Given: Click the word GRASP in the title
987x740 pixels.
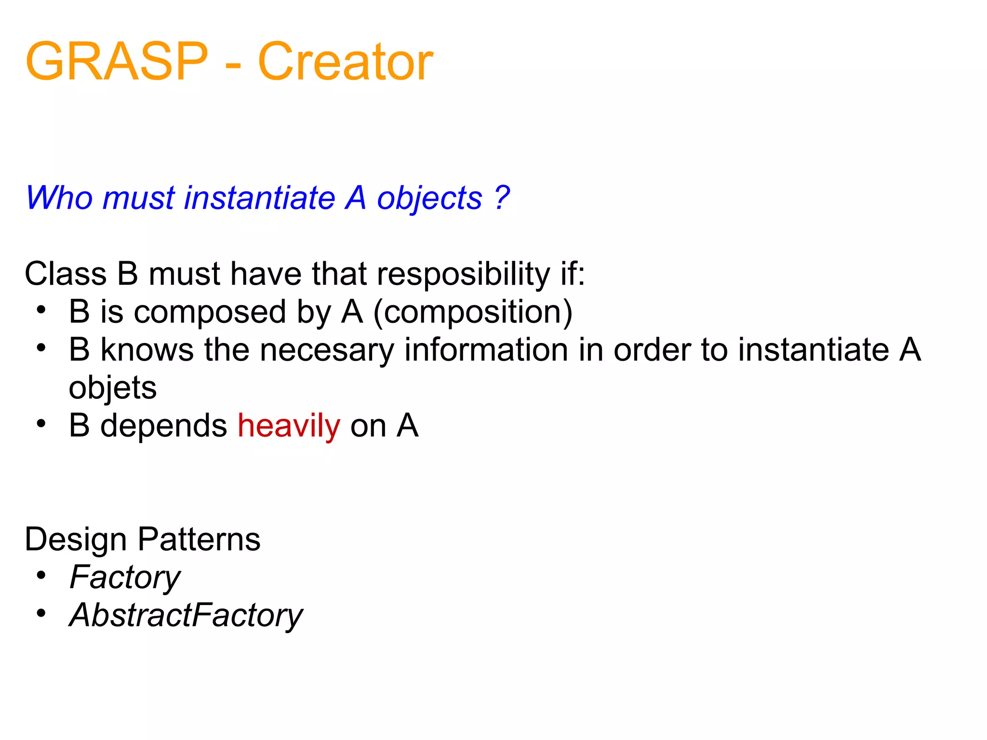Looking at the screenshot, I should [117, 62].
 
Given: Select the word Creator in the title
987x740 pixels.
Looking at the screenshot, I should [346, 62].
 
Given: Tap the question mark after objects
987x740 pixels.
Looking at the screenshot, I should [502, 198].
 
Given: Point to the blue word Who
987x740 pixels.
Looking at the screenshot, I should [59, 198].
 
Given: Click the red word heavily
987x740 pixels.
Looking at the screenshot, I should [289, 426].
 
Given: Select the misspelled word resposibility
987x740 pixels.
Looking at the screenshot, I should [463, 274].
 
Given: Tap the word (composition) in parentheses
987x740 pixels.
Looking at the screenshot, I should [473, 312].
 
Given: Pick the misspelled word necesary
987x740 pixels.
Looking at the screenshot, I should [327, 350].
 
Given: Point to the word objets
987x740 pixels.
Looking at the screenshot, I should [113, 388].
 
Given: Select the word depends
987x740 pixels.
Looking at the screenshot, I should [163, 426].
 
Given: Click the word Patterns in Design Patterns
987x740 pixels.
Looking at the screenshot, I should [199, 539].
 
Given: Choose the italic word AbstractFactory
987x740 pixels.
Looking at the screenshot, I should [186, 615].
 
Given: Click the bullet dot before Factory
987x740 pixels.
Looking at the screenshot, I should [41, 575].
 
